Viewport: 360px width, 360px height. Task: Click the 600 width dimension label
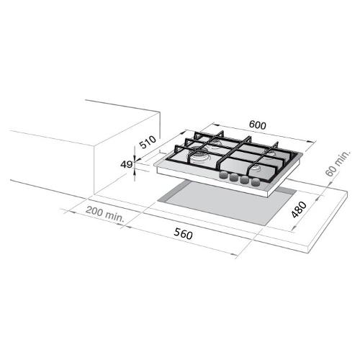click(258, 125)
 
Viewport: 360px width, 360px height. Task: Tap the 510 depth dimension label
click(148, 142)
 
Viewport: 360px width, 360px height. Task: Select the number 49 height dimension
click(126, 164)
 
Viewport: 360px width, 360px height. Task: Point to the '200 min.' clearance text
click(105, 214)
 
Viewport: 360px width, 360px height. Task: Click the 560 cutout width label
click(184, 233)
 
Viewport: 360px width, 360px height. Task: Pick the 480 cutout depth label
click(299, 210)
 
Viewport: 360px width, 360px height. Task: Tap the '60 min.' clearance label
click(338, 164)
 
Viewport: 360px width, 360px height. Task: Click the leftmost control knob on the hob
click(224, 175)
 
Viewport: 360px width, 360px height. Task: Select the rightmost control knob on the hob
click(256, 183)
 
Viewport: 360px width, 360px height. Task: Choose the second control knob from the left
click(234, 178)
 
